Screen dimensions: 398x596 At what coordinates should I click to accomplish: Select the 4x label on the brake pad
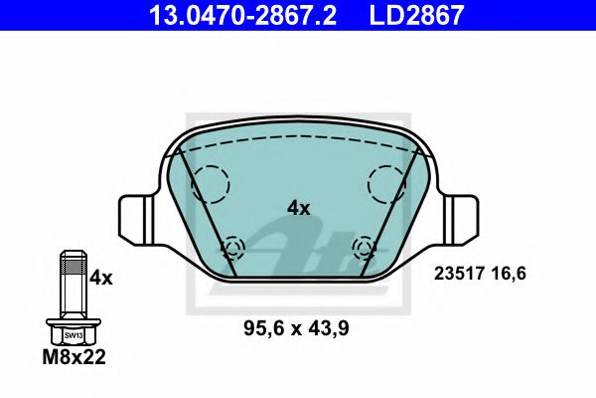pos(298,208)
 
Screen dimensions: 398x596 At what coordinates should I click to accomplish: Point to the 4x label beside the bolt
pos(101,279)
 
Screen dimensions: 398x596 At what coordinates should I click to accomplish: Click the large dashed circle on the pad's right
pos(387,181)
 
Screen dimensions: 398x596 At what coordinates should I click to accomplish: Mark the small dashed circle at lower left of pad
pos(234,247)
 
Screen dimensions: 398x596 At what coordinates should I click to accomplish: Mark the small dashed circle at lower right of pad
pos(363,247)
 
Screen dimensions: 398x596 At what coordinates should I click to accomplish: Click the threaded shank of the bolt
pos(73,284)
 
